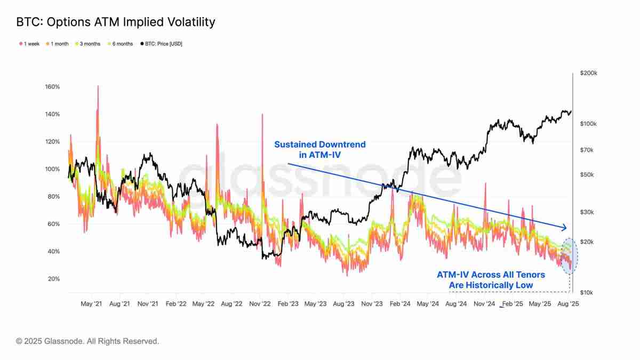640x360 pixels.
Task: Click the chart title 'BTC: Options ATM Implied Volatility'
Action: point(115,22)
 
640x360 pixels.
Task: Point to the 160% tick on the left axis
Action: point(52,86)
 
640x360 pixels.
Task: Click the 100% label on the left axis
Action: point(52,169)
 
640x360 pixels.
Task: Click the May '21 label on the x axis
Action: point(91,304)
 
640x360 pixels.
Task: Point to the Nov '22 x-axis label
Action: point(260,304)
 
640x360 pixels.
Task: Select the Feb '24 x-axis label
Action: point(399,304)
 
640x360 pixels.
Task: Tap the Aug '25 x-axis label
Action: point(568,304)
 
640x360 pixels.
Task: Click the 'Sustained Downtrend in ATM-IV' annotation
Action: point(320,149)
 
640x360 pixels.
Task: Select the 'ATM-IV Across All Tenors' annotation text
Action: point(491,275)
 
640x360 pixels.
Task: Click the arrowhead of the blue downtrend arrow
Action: point(565,228)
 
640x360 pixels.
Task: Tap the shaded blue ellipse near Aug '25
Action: point(570,256)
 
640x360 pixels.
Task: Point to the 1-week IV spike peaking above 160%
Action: point(98,88)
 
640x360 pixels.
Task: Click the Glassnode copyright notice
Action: point(87,341)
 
